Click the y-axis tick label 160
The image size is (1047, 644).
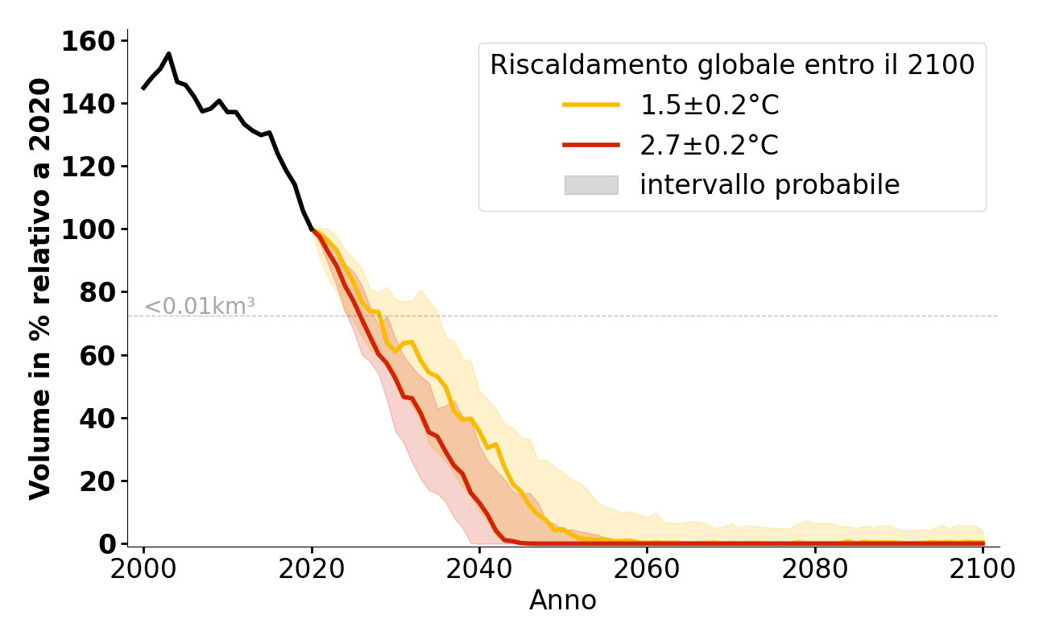coord(88,41)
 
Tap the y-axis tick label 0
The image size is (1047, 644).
coord(107,544)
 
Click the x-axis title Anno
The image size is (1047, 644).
coord(563,601)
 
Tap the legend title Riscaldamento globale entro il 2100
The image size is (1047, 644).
coord(732,65)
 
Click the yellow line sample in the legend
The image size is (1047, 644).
coord(591,105)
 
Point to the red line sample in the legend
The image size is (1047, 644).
coord(591,145)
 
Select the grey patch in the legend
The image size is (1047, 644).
coord(591,185)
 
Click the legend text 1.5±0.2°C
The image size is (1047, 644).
coord(710,105)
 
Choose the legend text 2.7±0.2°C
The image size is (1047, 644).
coord(710,146)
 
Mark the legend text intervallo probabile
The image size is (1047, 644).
coord(769,185)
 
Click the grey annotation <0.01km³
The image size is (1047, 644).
coord(200,307)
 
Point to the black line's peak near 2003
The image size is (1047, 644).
coord(168,54)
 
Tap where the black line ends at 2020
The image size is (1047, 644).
coord(312,230)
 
